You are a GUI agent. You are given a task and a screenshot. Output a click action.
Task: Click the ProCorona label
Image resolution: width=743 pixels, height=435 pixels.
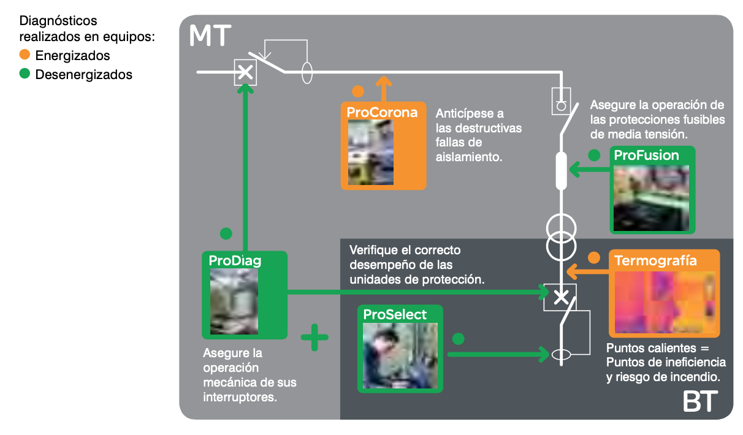tap(382, 112)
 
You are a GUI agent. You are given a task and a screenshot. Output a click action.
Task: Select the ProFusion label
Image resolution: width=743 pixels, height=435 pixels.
tap(646, 156)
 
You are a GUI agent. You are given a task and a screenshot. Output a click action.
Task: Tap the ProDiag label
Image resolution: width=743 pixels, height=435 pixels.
tap(235, 260)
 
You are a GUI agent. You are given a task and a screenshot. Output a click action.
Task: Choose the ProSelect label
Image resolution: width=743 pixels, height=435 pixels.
tap(395, 314)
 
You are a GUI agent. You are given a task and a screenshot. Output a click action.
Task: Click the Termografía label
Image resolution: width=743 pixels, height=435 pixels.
tap(655, 260)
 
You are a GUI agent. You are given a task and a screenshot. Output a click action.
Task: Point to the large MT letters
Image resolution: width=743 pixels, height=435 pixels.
tap(210, 37)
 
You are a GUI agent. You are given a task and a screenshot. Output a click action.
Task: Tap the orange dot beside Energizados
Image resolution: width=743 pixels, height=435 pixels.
tap(25, 55)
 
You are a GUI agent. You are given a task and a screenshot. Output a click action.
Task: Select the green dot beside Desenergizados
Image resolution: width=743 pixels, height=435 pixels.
tap(25, 75)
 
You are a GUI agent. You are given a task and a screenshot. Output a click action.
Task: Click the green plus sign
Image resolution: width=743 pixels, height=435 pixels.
tap(314, 337)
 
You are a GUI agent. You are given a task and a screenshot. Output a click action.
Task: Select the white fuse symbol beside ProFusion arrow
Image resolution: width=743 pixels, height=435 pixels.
tap(560, 170)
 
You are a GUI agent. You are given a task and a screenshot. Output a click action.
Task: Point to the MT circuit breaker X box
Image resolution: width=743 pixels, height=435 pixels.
tap(245, 72)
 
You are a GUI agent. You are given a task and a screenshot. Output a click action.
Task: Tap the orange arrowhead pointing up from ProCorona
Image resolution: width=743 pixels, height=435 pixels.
tap(384, 81)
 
